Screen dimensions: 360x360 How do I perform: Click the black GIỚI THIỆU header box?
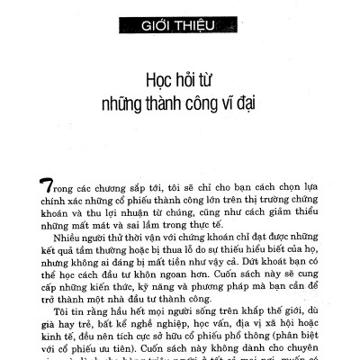pos(179,23)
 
